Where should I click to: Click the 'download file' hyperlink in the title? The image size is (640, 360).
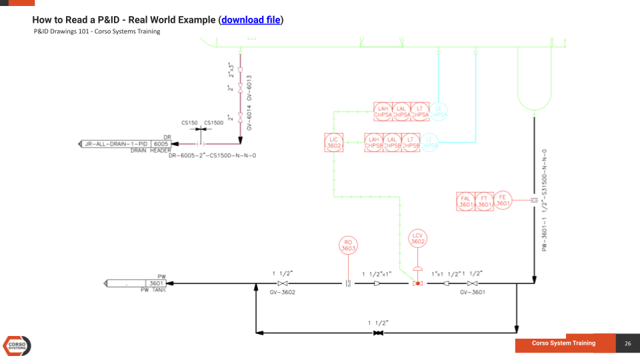[x=251, y=20]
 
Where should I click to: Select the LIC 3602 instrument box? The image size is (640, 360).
[x=334, y=143]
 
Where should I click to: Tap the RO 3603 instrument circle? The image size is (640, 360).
[x=349, y=245]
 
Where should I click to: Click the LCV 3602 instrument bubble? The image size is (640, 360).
[x=417, y=238]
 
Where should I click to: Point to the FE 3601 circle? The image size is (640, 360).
[x=503, y=201]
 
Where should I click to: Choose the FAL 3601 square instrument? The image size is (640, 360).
[x=466, y=201]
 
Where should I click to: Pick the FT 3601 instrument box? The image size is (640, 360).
[x=485, y=201]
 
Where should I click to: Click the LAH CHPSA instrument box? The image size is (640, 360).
[x=383, y=111]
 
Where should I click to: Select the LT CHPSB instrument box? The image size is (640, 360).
[x=420, y=143]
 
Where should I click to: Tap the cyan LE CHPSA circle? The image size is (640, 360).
[x=438, y=111]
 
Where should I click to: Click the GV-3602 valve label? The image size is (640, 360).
[x=282, y=292]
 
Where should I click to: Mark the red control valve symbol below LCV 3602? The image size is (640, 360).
[x=417, y=283]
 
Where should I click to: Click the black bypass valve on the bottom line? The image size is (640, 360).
[x=378, y=332]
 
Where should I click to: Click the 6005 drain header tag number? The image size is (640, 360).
[x=161, y=143]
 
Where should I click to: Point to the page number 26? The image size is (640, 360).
[x=627, y=343]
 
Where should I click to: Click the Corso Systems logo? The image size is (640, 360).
[x=17, y=345]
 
